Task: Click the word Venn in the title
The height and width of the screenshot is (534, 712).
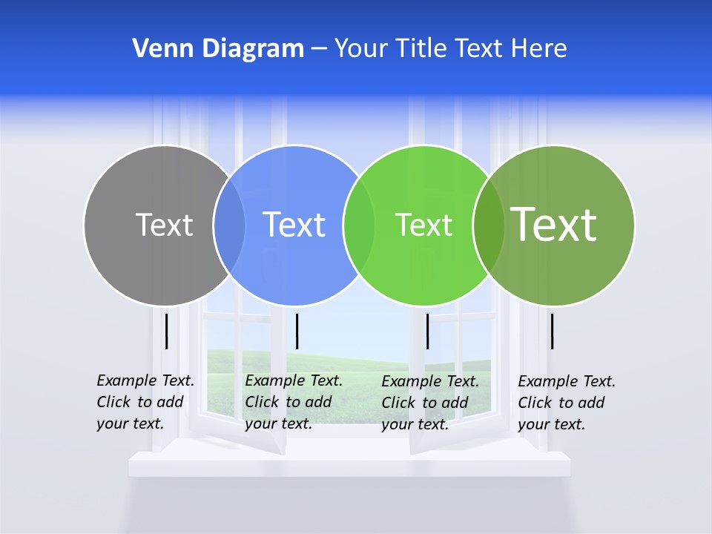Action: tap(156, 49)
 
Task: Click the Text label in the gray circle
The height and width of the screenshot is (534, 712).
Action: tap(164, 225)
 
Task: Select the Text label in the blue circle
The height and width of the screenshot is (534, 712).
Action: tap(294, 225)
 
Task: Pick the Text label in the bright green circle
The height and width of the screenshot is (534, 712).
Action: tap(423, 225)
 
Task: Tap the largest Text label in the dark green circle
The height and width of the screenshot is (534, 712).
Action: tap(554, 224)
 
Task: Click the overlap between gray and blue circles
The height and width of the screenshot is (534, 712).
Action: tap(229, 225)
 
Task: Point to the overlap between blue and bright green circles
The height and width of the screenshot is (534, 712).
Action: tap(359, 225)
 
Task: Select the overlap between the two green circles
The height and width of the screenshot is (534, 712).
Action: tap(488, 225)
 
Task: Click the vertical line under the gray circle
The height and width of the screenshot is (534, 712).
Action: tap(167, 331)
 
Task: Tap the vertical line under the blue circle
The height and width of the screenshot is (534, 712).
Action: tap(297, 331)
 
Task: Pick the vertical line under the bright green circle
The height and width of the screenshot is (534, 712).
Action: tap(427, 331)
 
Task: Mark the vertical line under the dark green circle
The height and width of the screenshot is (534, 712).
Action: tap(553, 331)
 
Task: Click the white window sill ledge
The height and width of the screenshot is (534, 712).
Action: tap(349, 464)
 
